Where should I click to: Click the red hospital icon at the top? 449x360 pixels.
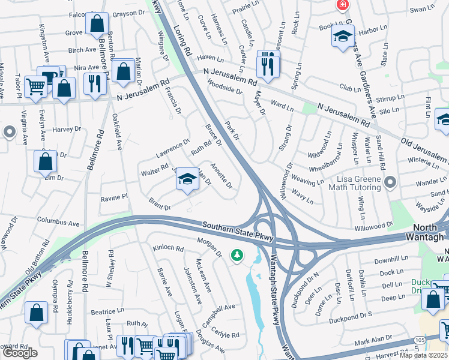(342, 5)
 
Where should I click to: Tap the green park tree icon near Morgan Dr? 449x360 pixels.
(238, 256)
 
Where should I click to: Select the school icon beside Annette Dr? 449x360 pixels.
(188, 179)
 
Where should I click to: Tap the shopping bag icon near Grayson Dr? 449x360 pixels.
(97, 25)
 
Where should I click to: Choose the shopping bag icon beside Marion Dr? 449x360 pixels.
(123, 71)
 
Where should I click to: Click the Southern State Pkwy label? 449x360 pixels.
(238, 230)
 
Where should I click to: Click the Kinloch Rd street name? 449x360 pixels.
(168, 247)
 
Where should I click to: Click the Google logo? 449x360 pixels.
(19, 352)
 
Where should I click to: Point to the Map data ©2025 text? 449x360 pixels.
(424, 355)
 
